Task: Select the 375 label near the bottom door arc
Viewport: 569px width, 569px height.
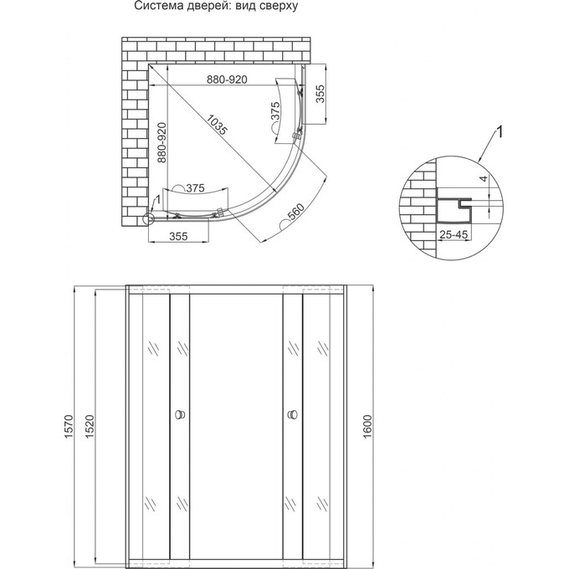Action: coord(195,187)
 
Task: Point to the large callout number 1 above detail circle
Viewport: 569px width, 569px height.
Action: coord(500,131)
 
